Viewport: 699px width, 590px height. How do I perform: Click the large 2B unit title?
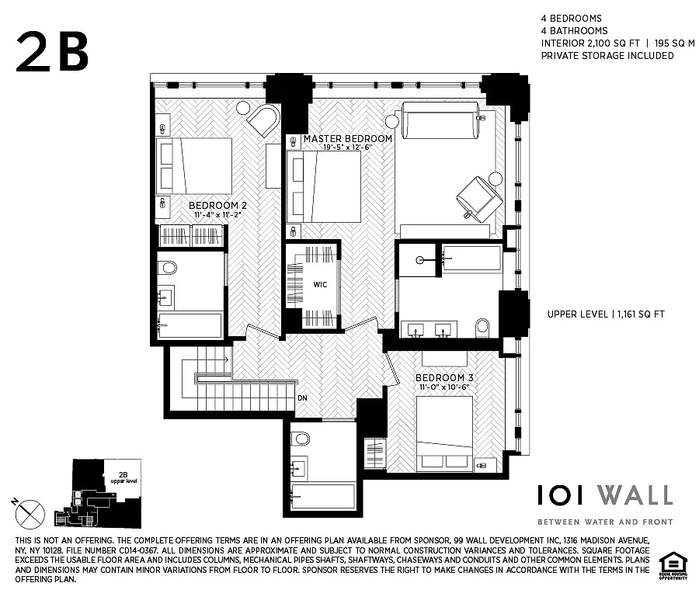[53, 50]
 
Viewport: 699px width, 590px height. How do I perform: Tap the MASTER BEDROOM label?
[347, 138]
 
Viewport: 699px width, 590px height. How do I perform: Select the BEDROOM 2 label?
[219, 206]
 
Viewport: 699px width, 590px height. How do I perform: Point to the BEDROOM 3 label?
[444, 378]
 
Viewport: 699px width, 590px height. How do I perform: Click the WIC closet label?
[320, 284]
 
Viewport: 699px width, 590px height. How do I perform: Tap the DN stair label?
[301, 399]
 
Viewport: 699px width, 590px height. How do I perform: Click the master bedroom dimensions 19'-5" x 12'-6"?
[338, 147]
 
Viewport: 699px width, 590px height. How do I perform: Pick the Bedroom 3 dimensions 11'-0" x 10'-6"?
[444, 387]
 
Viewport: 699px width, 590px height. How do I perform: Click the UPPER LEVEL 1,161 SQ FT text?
[606, 314]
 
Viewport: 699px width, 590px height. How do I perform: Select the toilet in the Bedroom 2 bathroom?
[167, 268]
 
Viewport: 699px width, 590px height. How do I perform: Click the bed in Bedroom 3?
[445, 432]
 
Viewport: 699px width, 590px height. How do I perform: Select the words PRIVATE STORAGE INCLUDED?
[607, 56]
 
